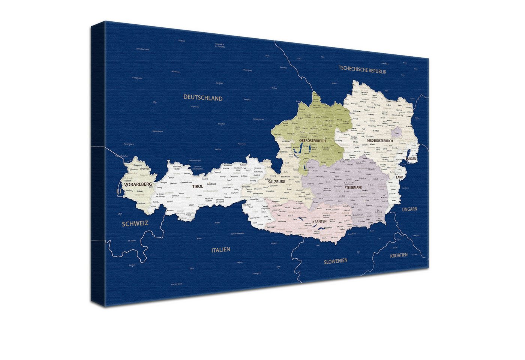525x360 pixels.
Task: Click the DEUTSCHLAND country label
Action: coord(202,98)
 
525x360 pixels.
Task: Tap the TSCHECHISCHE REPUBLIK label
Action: coord(362,70)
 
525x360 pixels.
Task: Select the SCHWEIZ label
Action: coord(135,223)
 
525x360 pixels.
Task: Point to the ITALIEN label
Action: coord(220,250)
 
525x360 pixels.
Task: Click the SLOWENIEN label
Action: coord(335,261)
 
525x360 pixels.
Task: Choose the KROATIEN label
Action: coord(399,255)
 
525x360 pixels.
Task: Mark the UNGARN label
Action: coord(409,209)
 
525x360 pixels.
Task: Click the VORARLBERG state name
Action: coord(138,184)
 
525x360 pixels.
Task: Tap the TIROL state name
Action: coord(198,186)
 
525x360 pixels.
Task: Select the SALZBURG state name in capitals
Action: coord(277,181)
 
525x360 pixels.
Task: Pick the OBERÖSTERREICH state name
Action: coord(312,141)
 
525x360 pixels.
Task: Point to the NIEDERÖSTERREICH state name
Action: coord(375,141)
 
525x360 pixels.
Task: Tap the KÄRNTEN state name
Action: coord(319,222)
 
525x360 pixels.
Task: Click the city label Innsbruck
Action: coord(211,184)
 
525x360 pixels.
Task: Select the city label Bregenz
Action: coord(138,165)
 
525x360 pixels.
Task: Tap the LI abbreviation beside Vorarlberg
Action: coord(118,191)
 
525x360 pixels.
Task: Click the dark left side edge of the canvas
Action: coord(97,165)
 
